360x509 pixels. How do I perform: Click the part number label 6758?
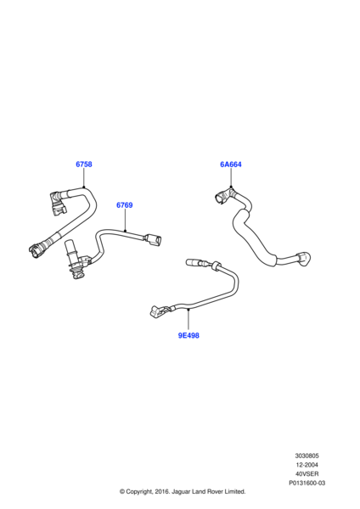(84, 165)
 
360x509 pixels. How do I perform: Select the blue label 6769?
(125, 205)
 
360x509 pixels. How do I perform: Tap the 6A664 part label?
(231, 165)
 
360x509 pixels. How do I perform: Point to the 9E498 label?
(188, 335)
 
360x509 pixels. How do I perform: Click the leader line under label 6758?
(84, 178)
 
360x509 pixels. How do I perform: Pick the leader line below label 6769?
(125, 221)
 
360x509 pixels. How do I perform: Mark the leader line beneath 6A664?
(231, 178)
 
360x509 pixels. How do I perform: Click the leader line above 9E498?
(188, 321)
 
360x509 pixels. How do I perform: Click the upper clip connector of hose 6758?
(58, 204)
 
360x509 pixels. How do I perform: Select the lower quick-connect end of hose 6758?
(37, 249)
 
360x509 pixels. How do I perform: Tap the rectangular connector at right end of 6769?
(153, 240)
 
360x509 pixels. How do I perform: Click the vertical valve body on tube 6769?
(74, 260)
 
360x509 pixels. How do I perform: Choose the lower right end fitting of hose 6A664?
(304, 259)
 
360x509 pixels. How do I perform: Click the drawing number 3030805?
(307, 456)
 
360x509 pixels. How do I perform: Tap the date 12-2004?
(307, 465)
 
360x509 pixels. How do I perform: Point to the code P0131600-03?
(307, 483)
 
